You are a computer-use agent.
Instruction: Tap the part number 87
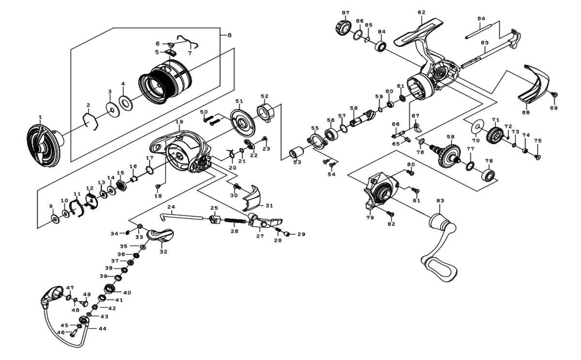(x=345, y=13)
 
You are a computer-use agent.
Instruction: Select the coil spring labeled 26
(x=235, y=222)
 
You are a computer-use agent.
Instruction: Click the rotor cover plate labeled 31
(x=251, y=196)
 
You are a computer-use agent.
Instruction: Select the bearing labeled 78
(x=489, y=175)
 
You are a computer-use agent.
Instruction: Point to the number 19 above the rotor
(x=180, y=121)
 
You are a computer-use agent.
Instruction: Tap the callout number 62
(x=421, y=13)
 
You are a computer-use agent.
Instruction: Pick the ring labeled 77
(x=470, y=166)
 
